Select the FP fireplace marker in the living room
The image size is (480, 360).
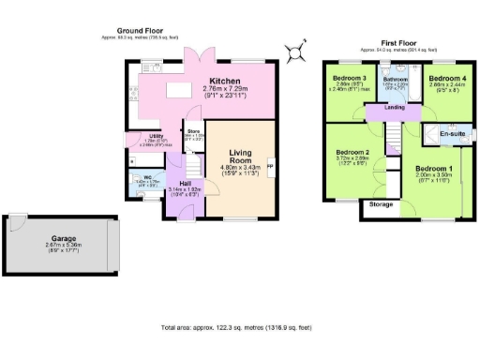(x=271, y=167)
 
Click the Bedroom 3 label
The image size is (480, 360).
(x=350, y=78)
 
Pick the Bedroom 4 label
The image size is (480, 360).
(x=445, y=78)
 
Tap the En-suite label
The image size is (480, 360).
(x=451, y=134)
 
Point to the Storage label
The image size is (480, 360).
(x=380, y=203)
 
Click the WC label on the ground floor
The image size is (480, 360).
(x=148, y=176)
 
